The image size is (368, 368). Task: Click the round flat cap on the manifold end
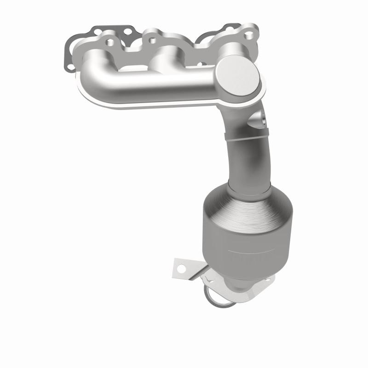click(238, 76)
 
